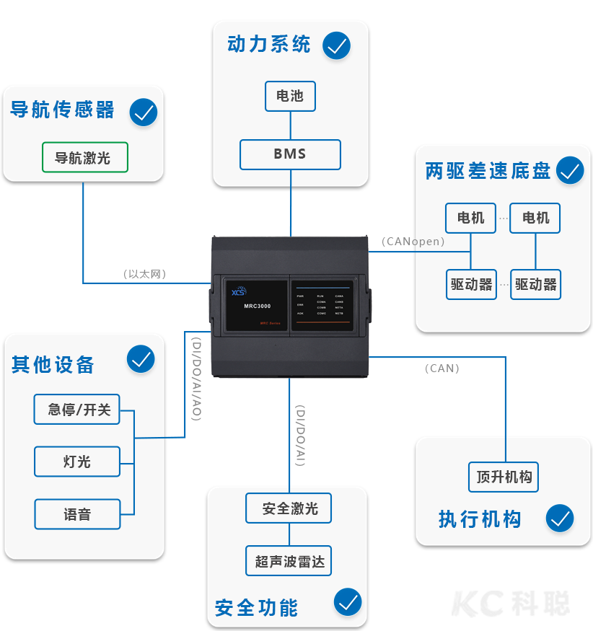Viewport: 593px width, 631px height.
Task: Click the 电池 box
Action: pos(290,96)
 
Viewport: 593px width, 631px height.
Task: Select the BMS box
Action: pos(290,154)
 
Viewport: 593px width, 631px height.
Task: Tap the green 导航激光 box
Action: pos(85,157)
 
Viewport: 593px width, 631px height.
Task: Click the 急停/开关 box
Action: pos(77,409)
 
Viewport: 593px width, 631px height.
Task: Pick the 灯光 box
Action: pos(77,462)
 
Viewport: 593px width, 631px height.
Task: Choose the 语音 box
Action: pos(77,514)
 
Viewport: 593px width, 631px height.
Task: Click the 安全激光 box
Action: pos(289,508)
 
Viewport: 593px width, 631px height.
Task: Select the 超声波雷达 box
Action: pos(289,561)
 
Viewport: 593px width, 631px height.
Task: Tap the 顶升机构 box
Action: pos(504,477)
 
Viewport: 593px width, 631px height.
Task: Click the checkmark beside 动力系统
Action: pos(336,45)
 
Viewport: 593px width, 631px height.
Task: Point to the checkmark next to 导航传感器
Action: pos(144,112)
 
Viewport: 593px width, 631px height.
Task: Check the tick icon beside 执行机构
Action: pos(559,518)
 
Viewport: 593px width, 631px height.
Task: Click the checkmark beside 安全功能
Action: pos(348,602)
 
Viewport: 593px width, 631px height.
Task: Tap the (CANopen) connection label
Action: pos(413,242)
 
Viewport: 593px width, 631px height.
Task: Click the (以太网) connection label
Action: pos(144,274)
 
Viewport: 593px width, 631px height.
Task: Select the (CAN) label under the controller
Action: pos(442,368)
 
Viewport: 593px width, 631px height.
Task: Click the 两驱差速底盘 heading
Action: pos(488,172)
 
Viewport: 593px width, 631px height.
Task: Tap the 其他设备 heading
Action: pos(53,364)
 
